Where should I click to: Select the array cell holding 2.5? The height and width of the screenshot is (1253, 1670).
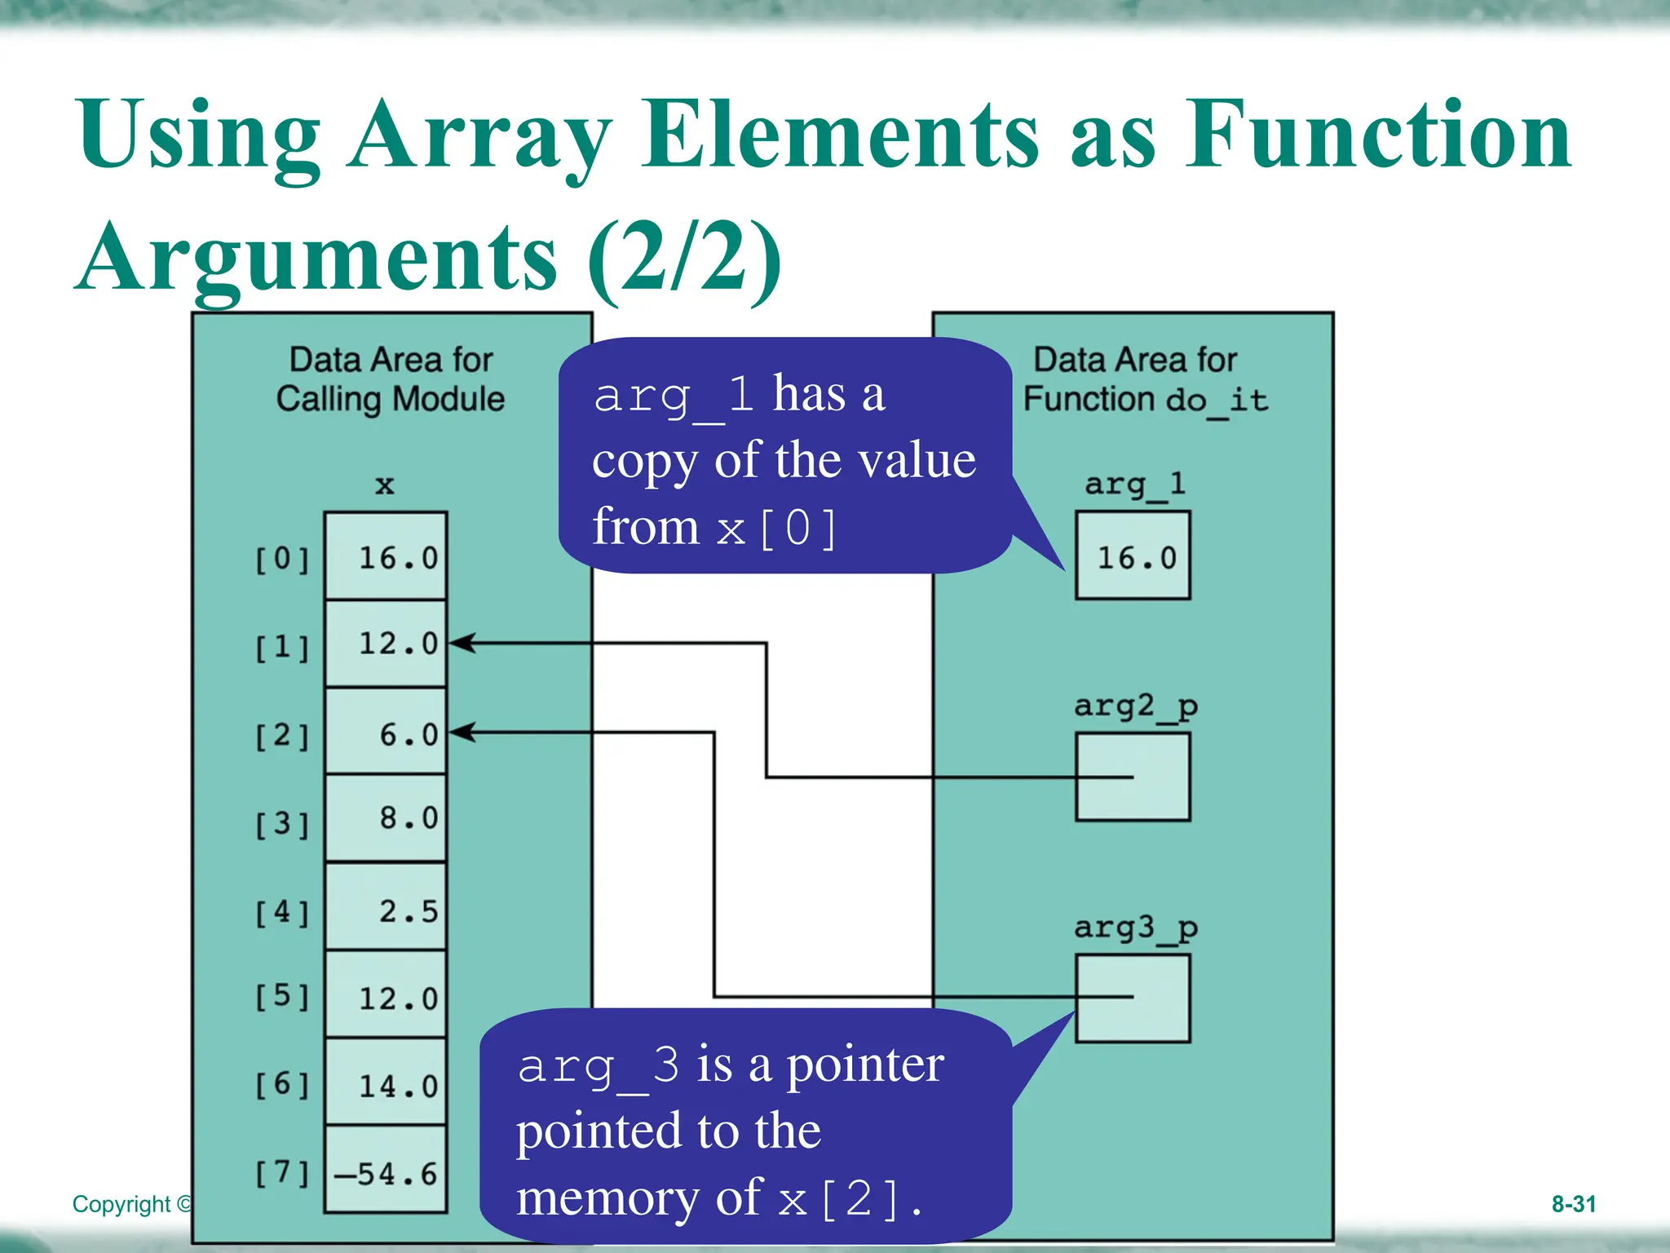pyautogui.click(x=386, y=907)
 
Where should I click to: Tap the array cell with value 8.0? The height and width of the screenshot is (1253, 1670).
pyautogui.click(x=386, y=818)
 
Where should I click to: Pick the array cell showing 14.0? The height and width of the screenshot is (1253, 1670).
pyautogui.click(x=386, y=1083)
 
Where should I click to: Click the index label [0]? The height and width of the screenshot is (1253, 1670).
pyautogui.click(x=282, y=560)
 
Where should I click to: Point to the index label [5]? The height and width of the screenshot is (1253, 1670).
pyautogui.click(x=282, y=996)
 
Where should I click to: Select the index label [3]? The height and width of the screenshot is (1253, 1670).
pyautogui.click(x=282, y=823)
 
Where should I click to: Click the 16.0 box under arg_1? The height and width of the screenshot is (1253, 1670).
pyautogui.click(x=1133, y=556)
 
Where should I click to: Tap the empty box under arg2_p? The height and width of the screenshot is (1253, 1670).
pyautogui.click(x=1133, y=777)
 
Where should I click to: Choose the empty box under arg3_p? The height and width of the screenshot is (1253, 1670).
pyautogui.click(x=1133, y=998)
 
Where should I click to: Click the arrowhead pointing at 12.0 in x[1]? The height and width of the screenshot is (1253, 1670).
pyautogui.click(x=462, y=643)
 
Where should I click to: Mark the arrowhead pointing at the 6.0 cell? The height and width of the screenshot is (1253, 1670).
pyautogui.click(x=462, y=732)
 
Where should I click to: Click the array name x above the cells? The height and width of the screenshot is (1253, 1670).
pyautogui.click(x=385, y=485)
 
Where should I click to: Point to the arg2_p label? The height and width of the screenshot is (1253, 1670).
pyautogui.click(x=1135, y=706)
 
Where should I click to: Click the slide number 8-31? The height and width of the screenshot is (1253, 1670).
pyautogui.click(x=1573, y=1204)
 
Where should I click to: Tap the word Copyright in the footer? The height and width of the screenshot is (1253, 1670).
pyautogui.click(x=122, y=1205)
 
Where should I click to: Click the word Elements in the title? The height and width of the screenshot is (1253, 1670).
pyautogui.click(x=840, y=135)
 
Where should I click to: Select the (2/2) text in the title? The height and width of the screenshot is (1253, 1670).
pyautogui.click(x=683, y=258)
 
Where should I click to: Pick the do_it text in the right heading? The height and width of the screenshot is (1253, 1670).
pyautogui.click(x=1217, y=401)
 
